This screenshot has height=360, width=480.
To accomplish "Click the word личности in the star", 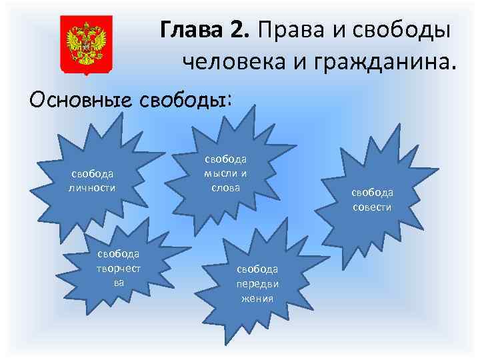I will pyautogui.click(x=92, y=187).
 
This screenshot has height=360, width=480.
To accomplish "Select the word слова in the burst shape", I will pyautogui.click(x=225, y=187).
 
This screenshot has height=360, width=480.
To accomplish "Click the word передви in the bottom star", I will pyautogui.click(x=257, y=283).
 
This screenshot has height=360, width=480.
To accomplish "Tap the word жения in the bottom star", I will pyautogui.click(x=257, y=297).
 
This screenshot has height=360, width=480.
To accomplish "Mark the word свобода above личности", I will pyautogui.click(x=92, y=173).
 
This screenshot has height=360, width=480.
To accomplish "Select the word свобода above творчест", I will pyautogui.click(x=118, y=254).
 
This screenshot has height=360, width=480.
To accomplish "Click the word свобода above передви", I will pyautogui.click(x=257, y=269).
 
